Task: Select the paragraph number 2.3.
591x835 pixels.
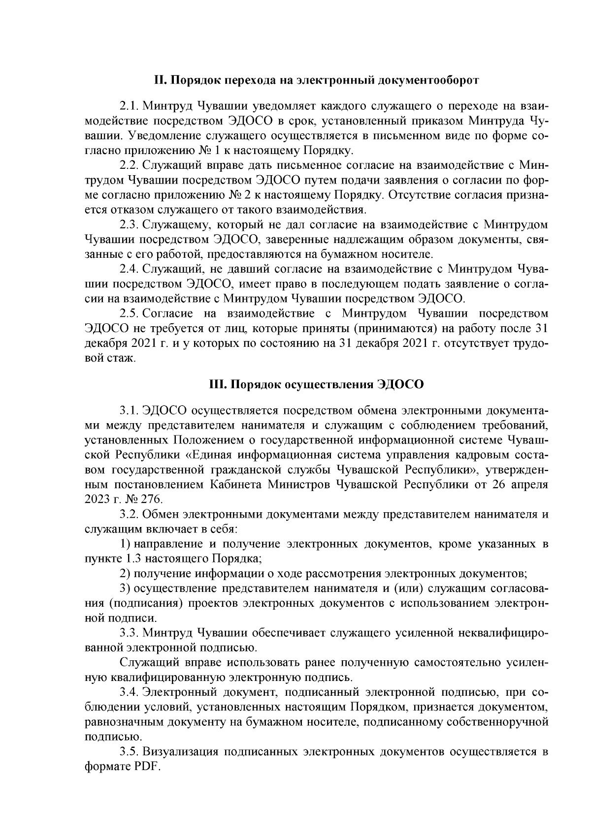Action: point(130,225)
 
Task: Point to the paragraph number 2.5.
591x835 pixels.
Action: point(130,314)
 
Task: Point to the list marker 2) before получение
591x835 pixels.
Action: point(125,574)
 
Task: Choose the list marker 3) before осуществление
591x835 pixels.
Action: point(125,588)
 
